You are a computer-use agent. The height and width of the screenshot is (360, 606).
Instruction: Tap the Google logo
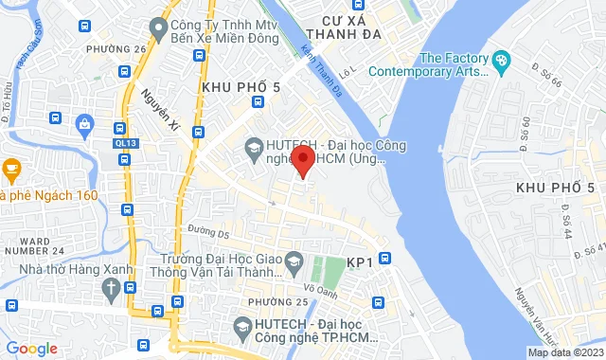click(x=32, y=348)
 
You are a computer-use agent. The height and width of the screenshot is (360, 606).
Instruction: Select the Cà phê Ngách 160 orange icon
click(x=11, y=171)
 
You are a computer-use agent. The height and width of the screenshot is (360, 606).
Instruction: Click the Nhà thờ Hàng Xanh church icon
click(x=112, y=287)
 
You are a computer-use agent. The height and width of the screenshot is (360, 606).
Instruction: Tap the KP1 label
click(x=360, y=261)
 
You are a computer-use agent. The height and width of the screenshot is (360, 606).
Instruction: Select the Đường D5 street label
click(x=208, y=231)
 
